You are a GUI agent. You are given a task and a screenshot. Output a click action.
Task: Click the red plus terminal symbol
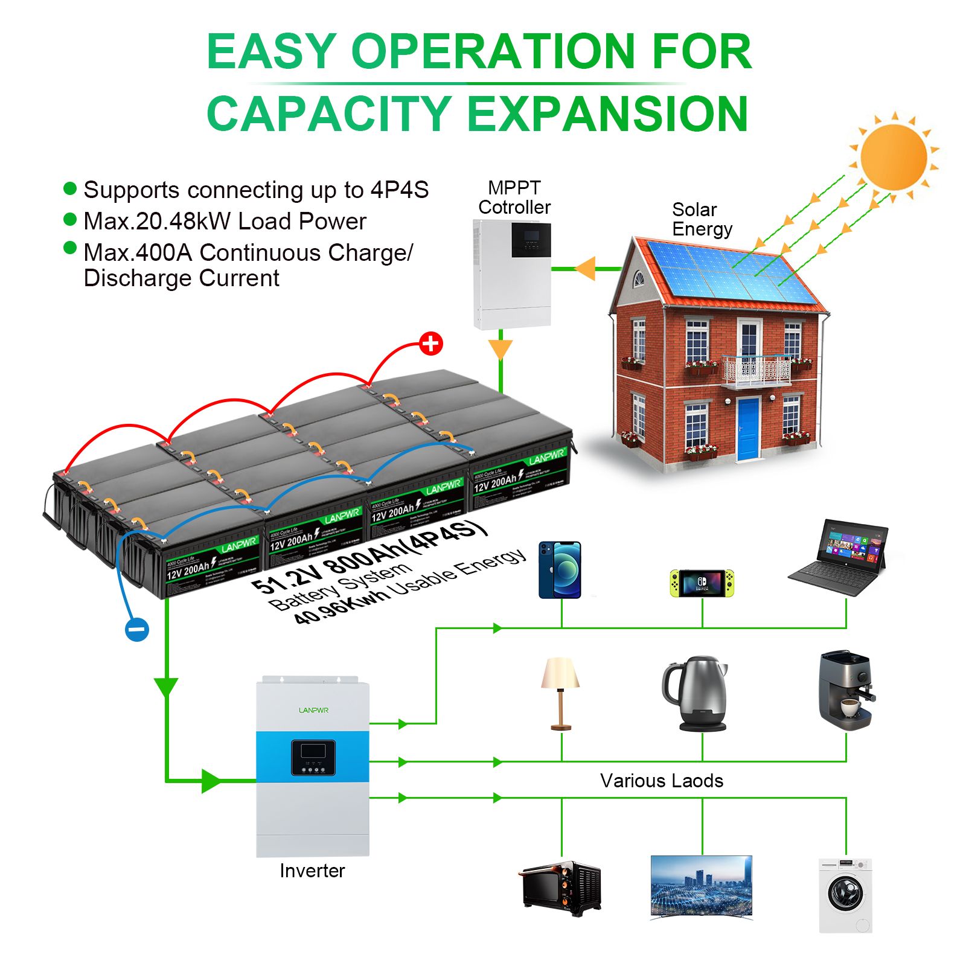[x=430, y=344]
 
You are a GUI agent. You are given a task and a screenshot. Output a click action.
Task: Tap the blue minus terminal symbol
[x=137, y=630]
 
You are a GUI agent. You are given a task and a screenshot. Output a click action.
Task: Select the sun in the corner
[x=894, y=156]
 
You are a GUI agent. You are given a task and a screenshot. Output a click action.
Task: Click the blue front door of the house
[x=747, y=428]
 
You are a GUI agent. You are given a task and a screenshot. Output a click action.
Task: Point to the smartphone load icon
[x=560, y=569]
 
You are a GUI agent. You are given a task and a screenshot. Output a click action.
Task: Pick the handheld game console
[x=702, y=583]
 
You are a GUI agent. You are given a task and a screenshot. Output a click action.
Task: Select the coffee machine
[x=845, y=689]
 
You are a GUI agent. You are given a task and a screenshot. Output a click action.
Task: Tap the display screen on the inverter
[x=313, y=752]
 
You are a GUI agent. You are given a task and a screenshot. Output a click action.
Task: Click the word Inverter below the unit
[x=312, y=871]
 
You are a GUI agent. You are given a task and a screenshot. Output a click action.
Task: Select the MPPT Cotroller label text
[x=514, y=197]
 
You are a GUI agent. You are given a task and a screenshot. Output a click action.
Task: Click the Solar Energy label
[x=702, y=219]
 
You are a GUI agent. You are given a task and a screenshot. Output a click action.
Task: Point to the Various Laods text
[x=662, y=781]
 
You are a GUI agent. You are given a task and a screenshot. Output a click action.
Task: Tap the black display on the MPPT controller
[x=531, y=240]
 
